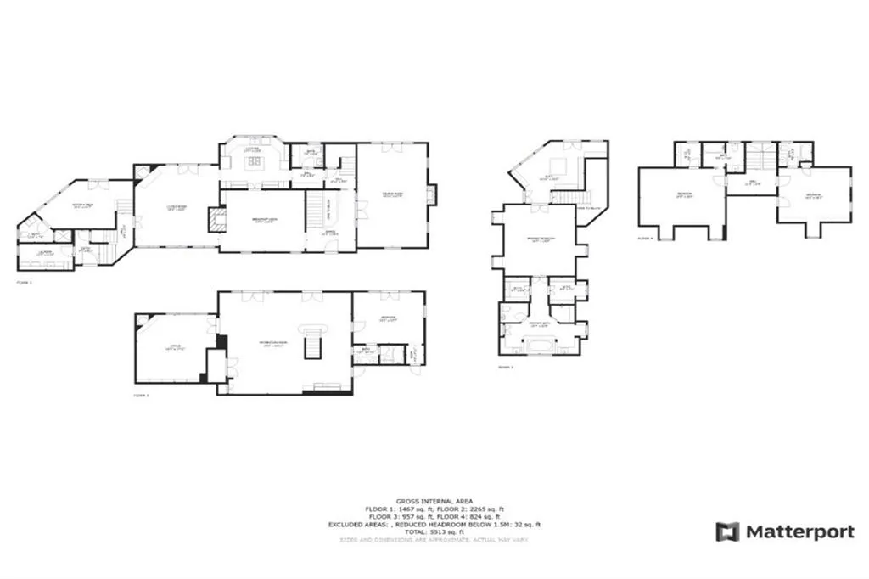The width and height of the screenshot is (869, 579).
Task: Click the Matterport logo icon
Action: [727, 532]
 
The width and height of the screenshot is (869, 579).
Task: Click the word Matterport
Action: [800, 532]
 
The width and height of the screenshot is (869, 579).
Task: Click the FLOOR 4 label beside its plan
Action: [646, 239]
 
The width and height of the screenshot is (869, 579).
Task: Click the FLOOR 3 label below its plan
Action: [506, 367]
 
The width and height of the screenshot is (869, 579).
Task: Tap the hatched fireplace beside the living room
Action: [216, 221]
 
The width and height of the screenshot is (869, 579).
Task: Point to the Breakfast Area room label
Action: [262, 221]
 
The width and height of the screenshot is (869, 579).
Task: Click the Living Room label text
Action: [176, 206]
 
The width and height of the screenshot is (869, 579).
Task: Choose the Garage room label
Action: [173, 346]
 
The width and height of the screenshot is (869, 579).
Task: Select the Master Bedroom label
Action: [541, 239]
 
